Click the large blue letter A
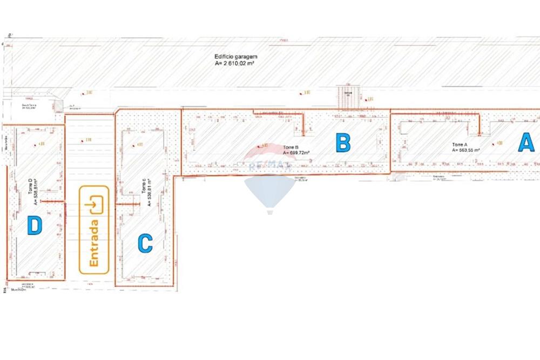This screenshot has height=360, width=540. [x=527, y=142]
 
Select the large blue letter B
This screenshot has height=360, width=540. [x=343, y=143]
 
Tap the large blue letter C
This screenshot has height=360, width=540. [x=145, y=243]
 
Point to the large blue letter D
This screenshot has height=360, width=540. [x=35, y=225]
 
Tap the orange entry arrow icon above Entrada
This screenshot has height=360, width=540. [x=97, y=205]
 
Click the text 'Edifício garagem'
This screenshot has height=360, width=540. [x=236, y=56]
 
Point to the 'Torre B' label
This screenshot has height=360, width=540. [x=290, y=147]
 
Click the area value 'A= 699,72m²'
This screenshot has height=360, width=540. [x=296, y=153]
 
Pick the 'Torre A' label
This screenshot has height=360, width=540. [x=460, y=145]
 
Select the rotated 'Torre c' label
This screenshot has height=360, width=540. [x=143, y=186]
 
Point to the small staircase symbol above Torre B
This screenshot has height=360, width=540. [x=347, y=97]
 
